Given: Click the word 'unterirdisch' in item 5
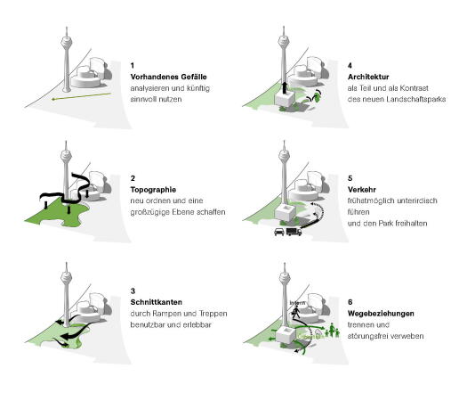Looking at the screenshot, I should [408, 201].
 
